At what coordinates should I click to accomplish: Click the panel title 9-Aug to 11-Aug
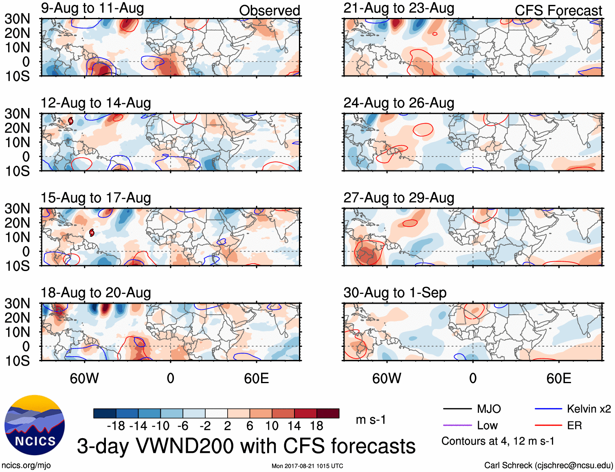point(92,9)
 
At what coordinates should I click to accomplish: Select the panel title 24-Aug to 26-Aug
point(399,103)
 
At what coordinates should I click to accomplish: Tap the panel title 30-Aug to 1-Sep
point(395,293)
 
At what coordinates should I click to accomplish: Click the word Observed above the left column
point(269,11)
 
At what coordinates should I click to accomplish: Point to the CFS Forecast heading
point(558,11)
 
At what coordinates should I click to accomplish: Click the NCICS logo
point(35,425)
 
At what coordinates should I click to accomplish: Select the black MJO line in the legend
point(457,409)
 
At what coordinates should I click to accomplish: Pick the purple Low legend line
point(457,426)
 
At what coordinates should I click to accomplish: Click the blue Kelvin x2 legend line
point(548,409)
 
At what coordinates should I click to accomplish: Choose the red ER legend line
point(548,426)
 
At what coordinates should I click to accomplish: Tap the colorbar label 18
point(316,426)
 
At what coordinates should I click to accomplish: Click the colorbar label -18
point(116,426)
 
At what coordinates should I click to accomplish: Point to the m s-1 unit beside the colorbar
point(371,420)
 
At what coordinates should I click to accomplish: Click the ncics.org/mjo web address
point(26,465)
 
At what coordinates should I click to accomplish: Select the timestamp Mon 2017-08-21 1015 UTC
point(307,466)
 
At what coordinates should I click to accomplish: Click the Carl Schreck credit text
point(548,465)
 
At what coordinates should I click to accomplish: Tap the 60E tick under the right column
point(558,379)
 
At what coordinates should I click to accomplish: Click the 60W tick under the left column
point(84,379)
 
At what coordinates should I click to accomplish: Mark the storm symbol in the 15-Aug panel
point(92,233)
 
